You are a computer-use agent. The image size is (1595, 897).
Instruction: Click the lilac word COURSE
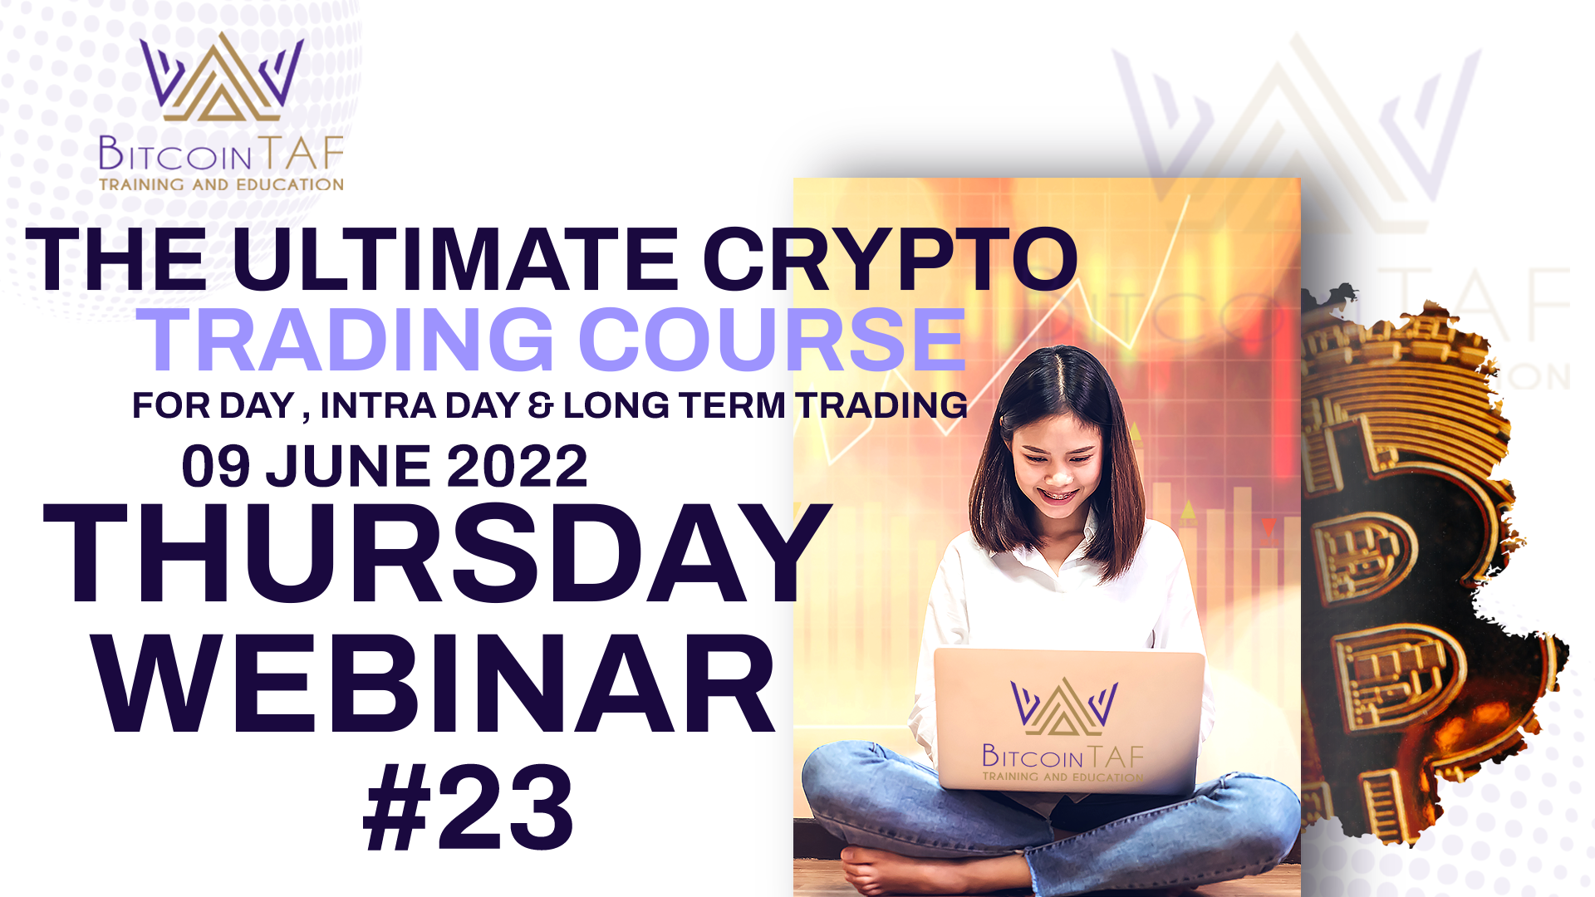pos(773,339)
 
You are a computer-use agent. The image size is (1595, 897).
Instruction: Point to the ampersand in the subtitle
pos(540,405)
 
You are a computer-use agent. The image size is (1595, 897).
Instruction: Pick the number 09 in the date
pos(216,466)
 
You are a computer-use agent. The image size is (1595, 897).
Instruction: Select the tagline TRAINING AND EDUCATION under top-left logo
pos(221,184)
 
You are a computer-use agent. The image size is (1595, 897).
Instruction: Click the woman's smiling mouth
pos(1059,496)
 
